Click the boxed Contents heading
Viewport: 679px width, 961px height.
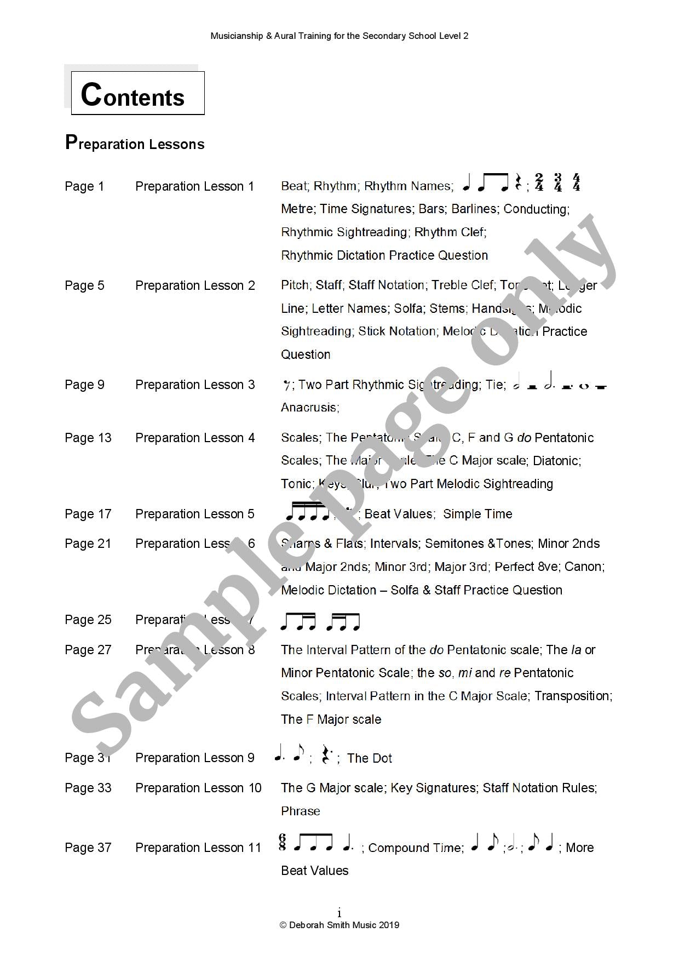[137, 94]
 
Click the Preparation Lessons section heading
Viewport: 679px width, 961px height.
[135, 143]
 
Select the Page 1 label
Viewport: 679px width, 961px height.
[84, 186]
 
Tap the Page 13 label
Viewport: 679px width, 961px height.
[88, 438]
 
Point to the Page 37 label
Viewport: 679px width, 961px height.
[88, 848]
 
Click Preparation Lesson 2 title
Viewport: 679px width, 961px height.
[195, 285]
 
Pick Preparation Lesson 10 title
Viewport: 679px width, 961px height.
[198, 788]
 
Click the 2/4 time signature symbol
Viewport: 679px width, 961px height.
[539, 182]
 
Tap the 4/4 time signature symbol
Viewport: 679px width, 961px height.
[576, 182]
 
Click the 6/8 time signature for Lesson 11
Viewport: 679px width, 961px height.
[283, 842]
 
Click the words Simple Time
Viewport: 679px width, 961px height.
[477, 514]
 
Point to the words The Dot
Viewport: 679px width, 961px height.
[370, 758]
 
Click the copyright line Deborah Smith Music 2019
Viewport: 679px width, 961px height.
[339, 925]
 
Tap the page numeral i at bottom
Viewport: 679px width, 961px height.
[339, 913]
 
